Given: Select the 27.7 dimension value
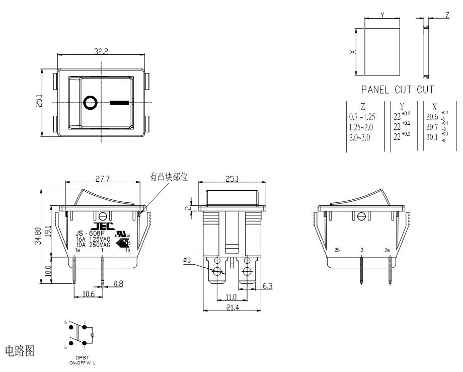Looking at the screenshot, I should [102, 179].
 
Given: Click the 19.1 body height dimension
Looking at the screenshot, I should [49, 231].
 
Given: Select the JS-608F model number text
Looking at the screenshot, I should [90, 234].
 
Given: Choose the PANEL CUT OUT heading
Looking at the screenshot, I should [397, 90].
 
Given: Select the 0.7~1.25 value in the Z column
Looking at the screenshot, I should [362, 116].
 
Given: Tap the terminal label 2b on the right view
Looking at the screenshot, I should [337, 250].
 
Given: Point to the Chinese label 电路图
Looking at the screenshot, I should [20, 351].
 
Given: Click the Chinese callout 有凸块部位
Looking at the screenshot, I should [168, 177].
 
